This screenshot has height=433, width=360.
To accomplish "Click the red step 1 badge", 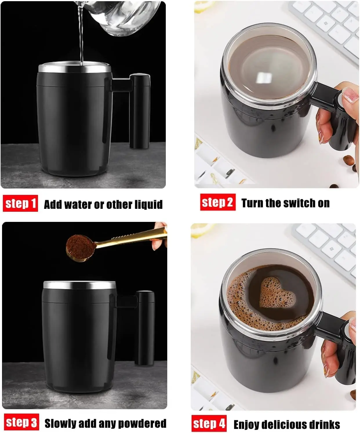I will pyautogui.click(x=20, y=204).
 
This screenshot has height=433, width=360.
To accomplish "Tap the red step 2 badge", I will pyautogui.click(x=218, y=202).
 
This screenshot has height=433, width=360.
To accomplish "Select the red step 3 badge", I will pyautogui.click(x=21, y=422).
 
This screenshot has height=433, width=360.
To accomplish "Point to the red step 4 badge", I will pyautogui.click(x=209, y=423).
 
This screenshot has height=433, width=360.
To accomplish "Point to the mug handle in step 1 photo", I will pyautogui.click(x=139, y=110).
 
